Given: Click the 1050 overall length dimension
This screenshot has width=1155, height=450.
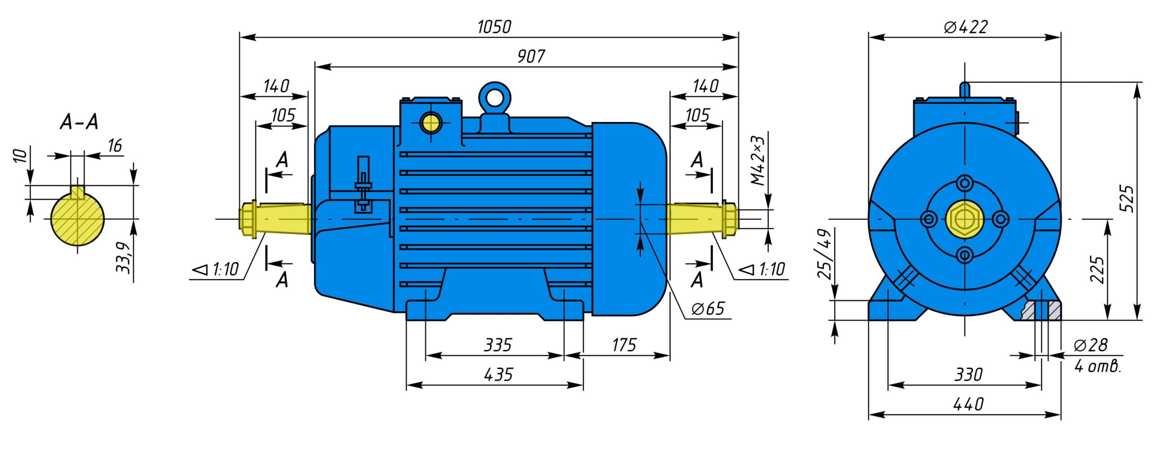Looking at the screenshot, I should point(494,27).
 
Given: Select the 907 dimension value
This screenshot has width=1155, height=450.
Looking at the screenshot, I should point(531,56).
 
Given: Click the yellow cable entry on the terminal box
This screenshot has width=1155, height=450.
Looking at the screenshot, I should point(430,122).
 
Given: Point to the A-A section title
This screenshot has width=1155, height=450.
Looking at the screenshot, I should point(79,122).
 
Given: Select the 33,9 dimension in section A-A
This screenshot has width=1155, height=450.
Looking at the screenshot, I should point(124,258).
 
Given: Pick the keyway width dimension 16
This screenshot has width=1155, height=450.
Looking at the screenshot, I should point(115,145).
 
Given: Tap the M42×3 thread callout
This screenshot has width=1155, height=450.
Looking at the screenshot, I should point(758,160).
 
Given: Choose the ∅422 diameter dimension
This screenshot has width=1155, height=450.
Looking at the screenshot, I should point(966,27).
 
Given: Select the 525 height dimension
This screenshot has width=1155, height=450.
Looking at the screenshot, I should point(1127,199).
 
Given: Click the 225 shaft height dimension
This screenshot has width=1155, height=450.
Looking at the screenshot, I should point(1097,269).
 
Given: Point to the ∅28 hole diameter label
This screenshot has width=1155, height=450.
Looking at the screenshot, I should point(1090,345).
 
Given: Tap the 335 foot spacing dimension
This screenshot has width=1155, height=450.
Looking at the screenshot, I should point(498,345).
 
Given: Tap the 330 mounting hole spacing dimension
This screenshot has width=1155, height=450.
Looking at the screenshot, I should point(968,375).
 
